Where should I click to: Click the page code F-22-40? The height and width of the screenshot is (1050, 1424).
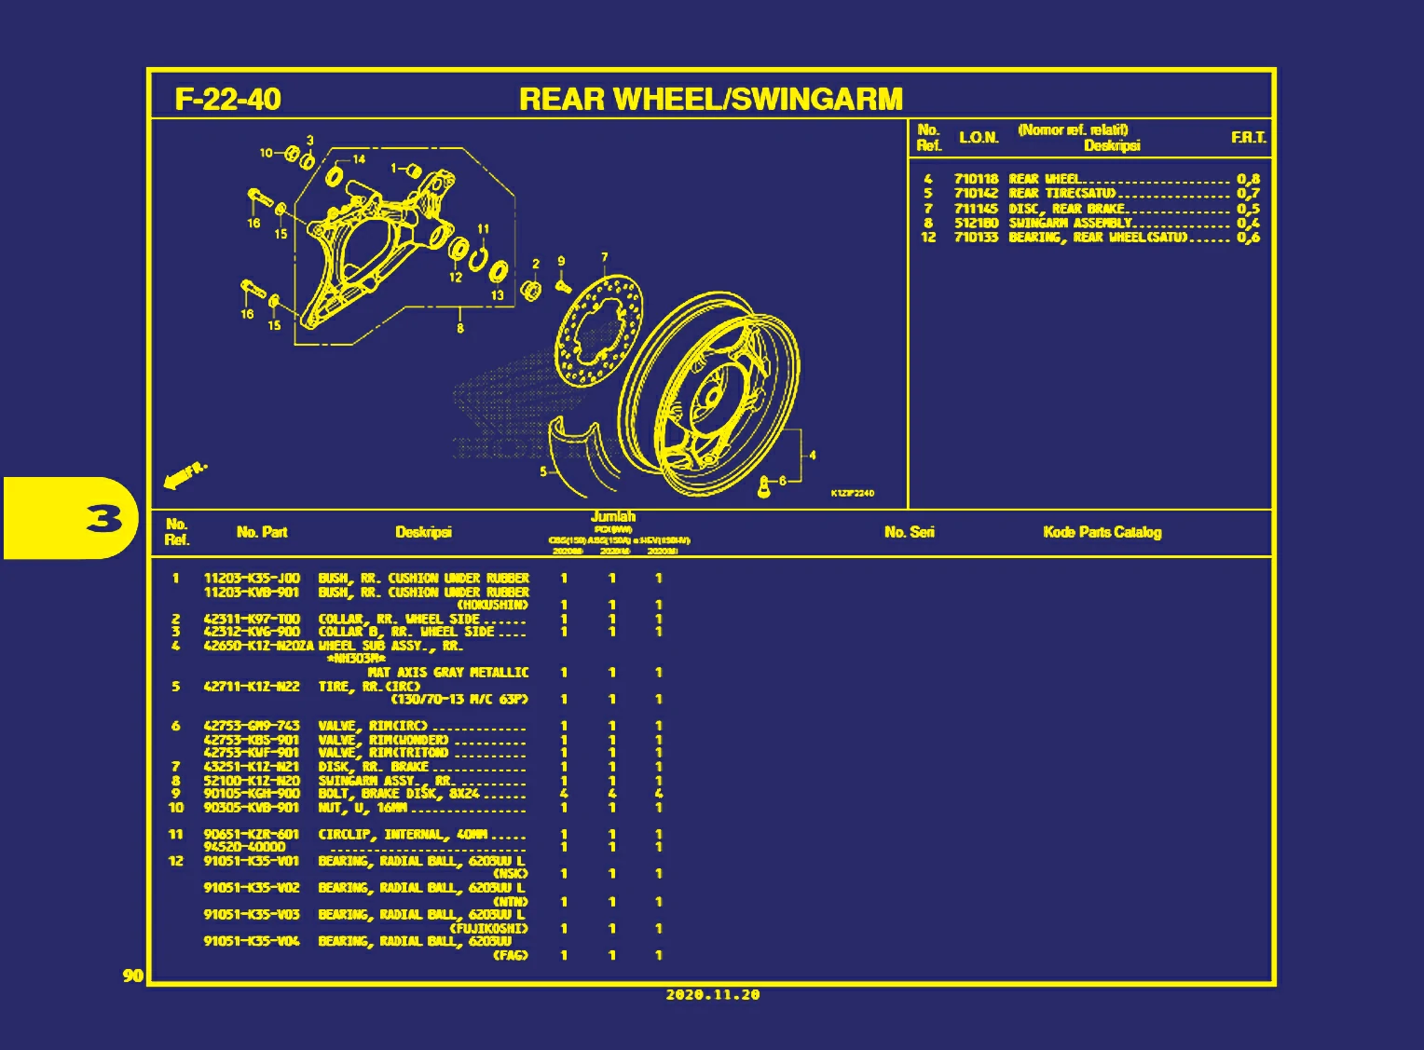(227, 99)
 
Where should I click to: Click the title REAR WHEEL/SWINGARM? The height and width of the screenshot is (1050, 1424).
(710, 99)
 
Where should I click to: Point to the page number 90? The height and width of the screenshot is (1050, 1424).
(133, 975)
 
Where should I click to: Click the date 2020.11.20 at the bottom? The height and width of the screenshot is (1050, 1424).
(712, 995)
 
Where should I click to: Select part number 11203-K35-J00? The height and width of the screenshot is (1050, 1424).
(252, 579)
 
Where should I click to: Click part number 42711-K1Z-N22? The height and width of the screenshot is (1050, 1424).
(252, 687)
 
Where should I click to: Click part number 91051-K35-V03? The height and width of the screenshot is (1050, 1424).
(252, 915)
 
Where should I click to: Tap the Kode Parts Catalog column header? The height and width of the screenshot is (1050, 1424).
(1102, 532)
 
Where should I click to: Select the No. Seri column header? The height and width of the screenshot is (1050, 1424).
(909, 532)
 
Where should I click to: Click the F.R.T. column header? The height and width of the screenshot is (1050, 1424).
(1248, 138)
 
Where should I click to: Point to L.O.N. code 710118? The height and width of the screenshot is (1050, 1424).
(976, 179)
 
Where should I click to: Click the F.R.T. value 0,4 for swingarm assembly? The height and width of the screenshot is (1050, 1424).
(1248, 223)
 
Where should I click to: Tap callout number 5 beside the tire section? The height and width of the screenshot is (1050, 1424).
(543, 471)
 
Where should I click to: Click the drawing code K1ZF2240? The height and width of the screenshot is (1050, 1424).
(852, 493)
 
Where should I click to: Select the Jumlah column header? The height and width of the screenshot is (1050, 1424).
(613, 516)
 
